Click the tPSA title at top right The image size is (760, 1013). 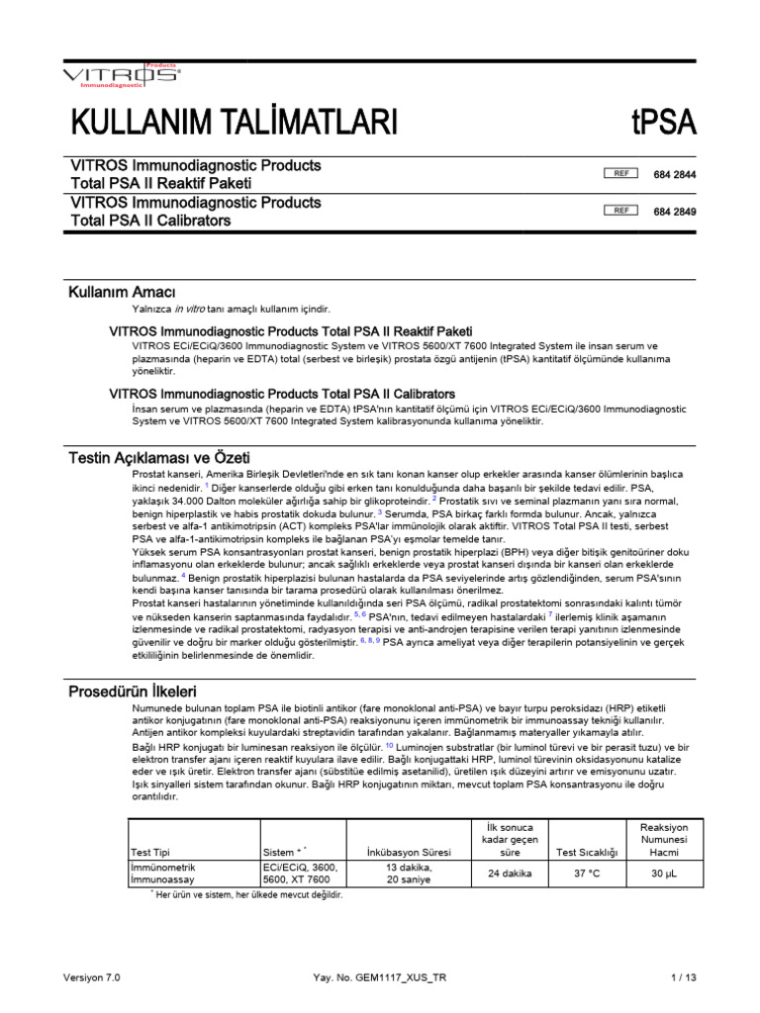pyautogui.click(x=663, y=123)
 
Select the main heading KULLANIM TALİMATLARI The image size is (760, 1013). pyautogui.click(x=234, y=123)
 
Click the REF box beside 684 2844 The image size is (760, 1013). pyautogui.click(x=621, y=174)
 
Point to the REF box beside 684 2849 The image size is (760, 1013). pyautogui.click(x=621, y=211)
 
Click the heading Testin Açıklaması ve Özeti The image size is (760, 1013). pyautogui.click(x=158, y=458)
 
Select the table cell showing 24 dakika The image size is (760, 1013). pyautogui.click(x=509, y=874)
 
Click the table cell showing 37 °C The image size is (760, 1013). pyautogui.click(x=587, y=874)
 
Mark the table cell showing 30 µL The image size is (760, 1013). pyautogui.click(x=663, y=874)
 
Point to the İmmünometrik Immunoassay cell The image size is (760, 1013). pyautogui.click(x=164, y=874)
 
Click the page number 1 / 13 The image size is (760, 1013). pyautogui.click(x=683, y=977)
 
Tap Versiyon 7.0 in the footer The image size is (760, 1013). pyautogui.click(x=91, y=977)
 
